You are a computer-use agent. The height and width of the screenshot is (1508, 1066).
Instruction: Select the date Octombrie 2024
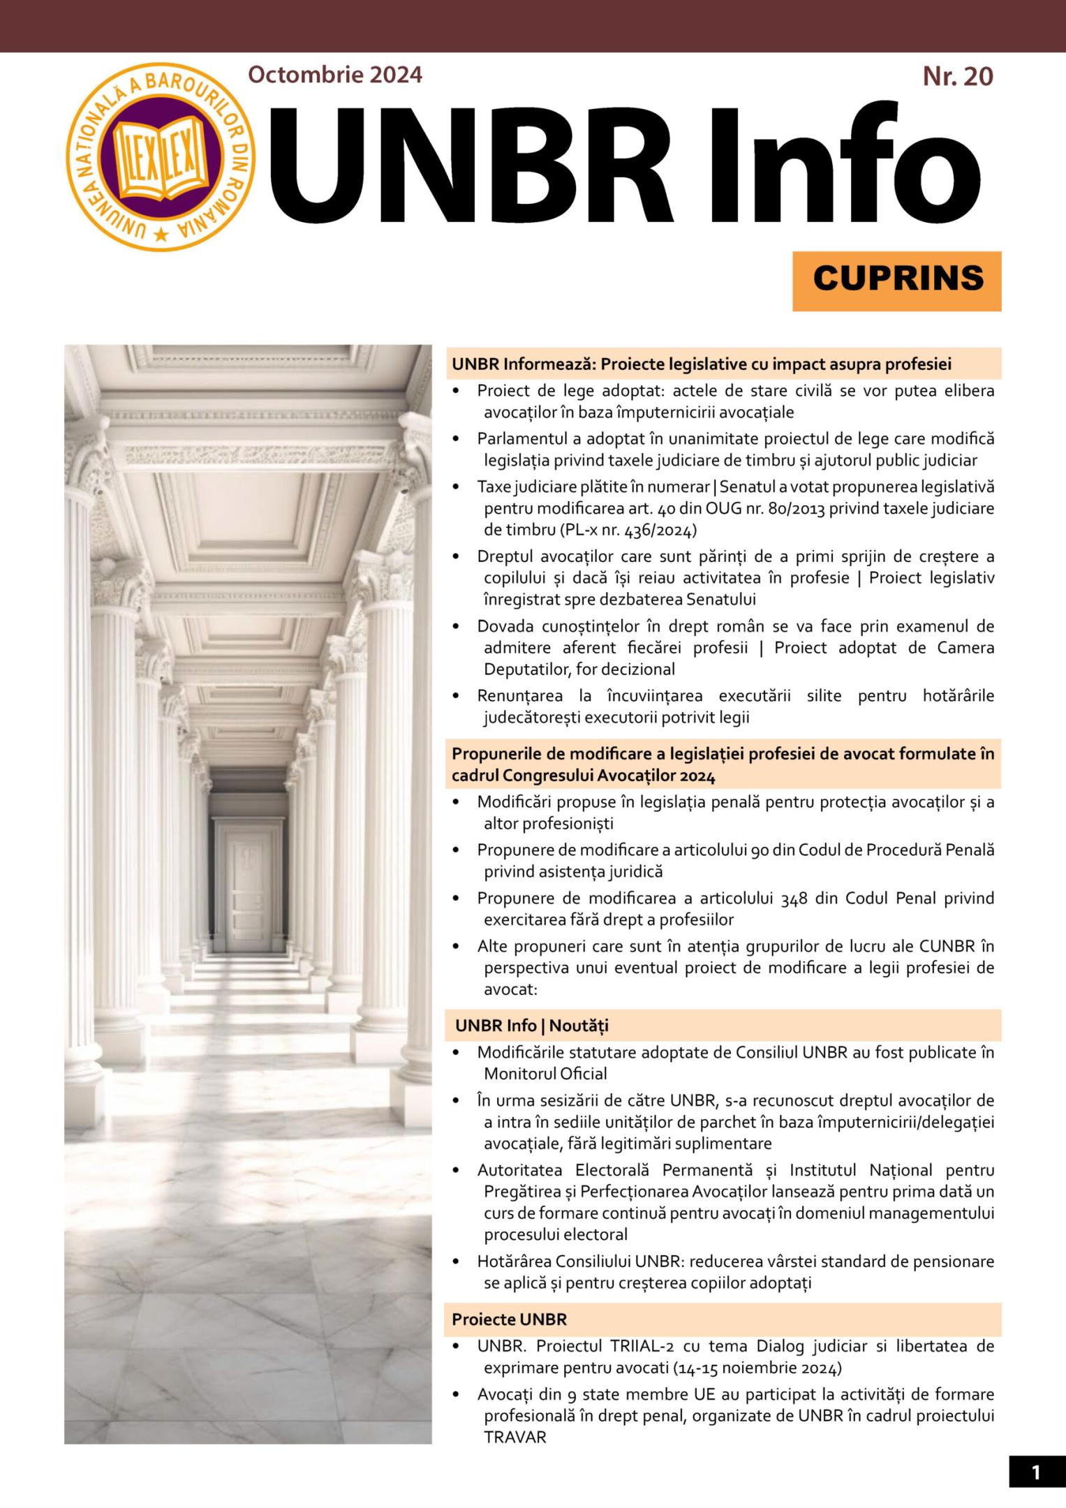click(335, 74)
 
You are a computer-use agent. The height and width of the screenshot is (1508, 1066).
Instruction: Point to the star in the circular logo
click(161, 235)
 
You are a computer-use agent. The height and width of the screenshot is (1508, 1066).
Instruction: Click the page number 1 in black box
click(1036, 1472)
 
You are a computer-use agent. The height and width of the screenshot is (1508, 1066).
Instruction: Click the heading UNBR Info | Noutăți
click(532, 1026)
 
